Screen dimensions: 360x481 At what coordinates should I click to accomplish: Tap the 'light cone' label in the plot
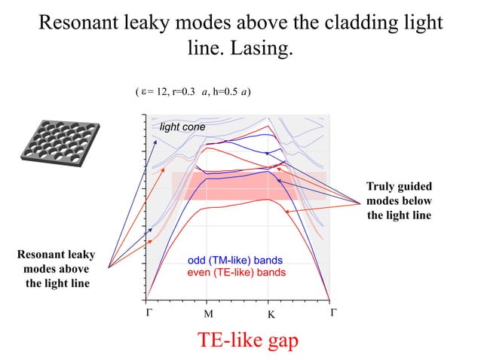pos(182,127)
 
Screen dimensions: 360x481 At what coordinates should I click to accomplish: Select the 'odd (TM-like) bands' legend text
pos(234,261)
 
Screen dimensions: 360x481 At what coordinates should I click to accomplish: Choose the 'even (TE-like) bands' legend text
pos(236,272)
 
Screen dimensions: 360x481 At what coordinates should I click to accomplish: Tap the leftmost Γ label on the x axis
pos(148,311)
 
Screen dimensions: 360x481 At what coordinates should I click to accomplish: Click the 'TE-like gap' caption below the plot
pos(248,340)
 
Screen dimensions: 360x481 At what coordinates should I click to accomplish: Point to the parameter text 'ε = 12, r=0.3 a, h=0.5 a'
pos(193,93)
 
